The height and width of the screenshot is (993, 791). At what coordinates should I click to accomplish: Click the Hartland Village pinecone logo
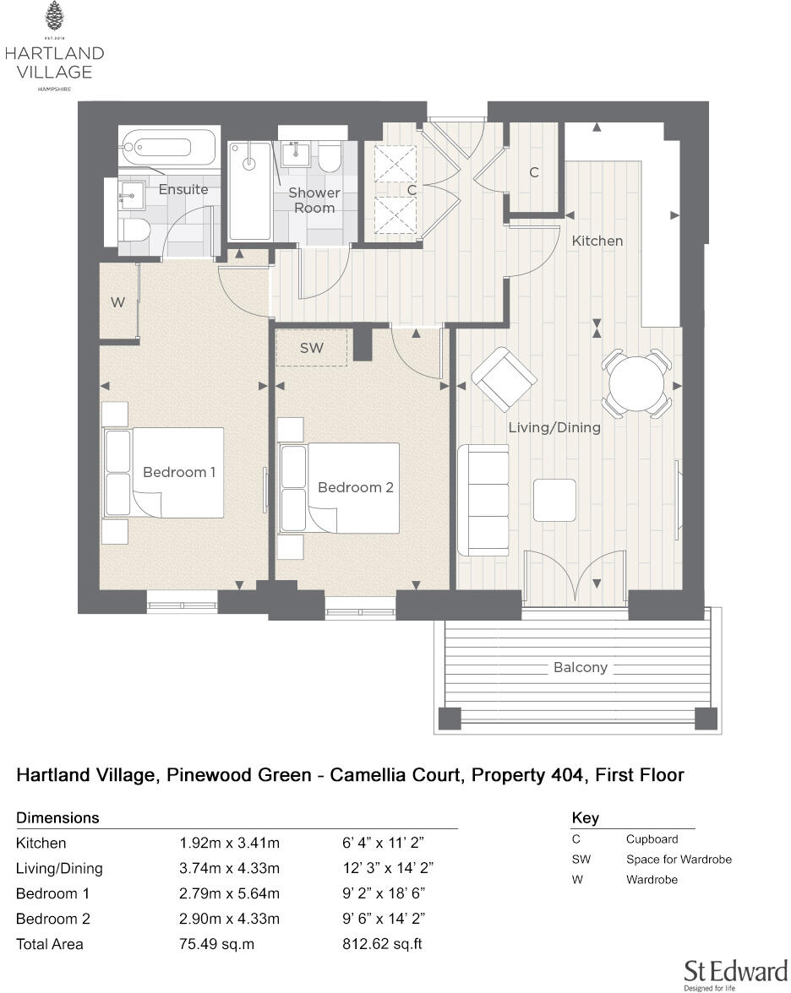(x=54, y=17)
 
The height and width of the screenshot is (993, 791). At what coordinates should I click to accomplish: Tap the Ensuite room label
(x=183, y=189)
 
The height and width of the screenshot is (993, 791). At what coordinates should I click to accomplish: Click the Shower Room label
(x=314, y=200)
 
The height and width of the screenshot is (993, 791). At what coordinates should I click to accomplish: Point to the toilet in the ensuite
(x=135, y=230)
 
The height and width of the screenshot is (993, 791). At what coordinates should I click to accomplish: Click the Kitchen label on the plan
(x=597, y=241)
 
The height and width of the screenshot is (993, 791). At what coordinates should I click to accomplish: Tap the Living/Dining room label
(x=554, y=427)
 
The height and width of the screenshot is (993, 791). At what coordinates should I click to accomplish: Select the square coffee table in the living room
(x=554, y=499)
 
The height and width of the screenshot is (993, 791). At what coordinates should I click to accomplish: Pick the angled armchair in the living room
(x=504, y=379)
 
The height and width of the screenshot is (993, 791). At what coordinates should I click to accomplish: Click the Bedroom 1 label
(x=179, y=472)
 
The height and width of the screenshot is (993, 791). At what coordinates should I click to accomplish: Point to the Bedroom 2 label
(x=355, y=487)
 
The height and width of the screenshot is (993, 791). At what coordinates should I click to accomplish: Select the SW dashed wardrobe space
(x=312, y=348)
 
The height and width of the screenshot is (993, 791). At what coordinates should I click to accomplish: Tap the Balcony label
(x=581, y=667)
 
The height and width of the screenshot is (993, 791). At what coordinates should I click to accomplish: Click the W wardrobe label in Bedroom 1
(x=117, y=301)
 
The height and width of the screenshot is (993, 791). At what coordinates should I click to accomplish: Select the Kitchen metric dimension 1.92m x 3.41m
(x=229, y=843)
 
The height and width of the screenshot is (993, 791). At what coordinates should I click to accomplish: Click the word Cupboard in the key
(x=652, y=839)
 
